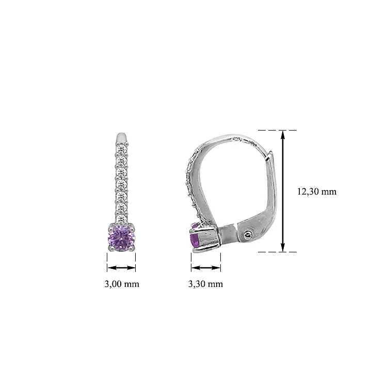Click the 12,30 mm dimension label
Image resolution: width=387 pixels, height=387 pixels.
[317, 191]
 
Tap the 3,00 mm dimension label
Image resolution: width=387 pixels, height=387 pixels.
[122, 284]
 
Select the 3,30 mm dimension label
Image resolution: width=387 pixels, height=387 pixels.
[205, 284]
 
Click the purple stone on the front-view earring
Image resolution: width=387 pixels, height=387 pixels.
[121, 238]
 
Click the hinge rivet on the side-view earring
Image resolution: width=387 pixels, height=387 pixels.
[247, 234]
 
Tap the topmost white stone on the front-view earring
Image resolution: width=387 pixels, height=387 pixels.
[121, 150]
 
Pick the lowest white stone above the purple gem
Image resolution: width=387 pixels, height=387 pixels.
[121, 220]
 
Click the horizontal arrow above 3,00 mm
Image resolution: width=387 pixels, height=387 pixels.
[121, 267]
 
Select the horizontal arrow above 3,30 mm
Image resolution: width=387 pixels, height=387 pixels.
[205, 267]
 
